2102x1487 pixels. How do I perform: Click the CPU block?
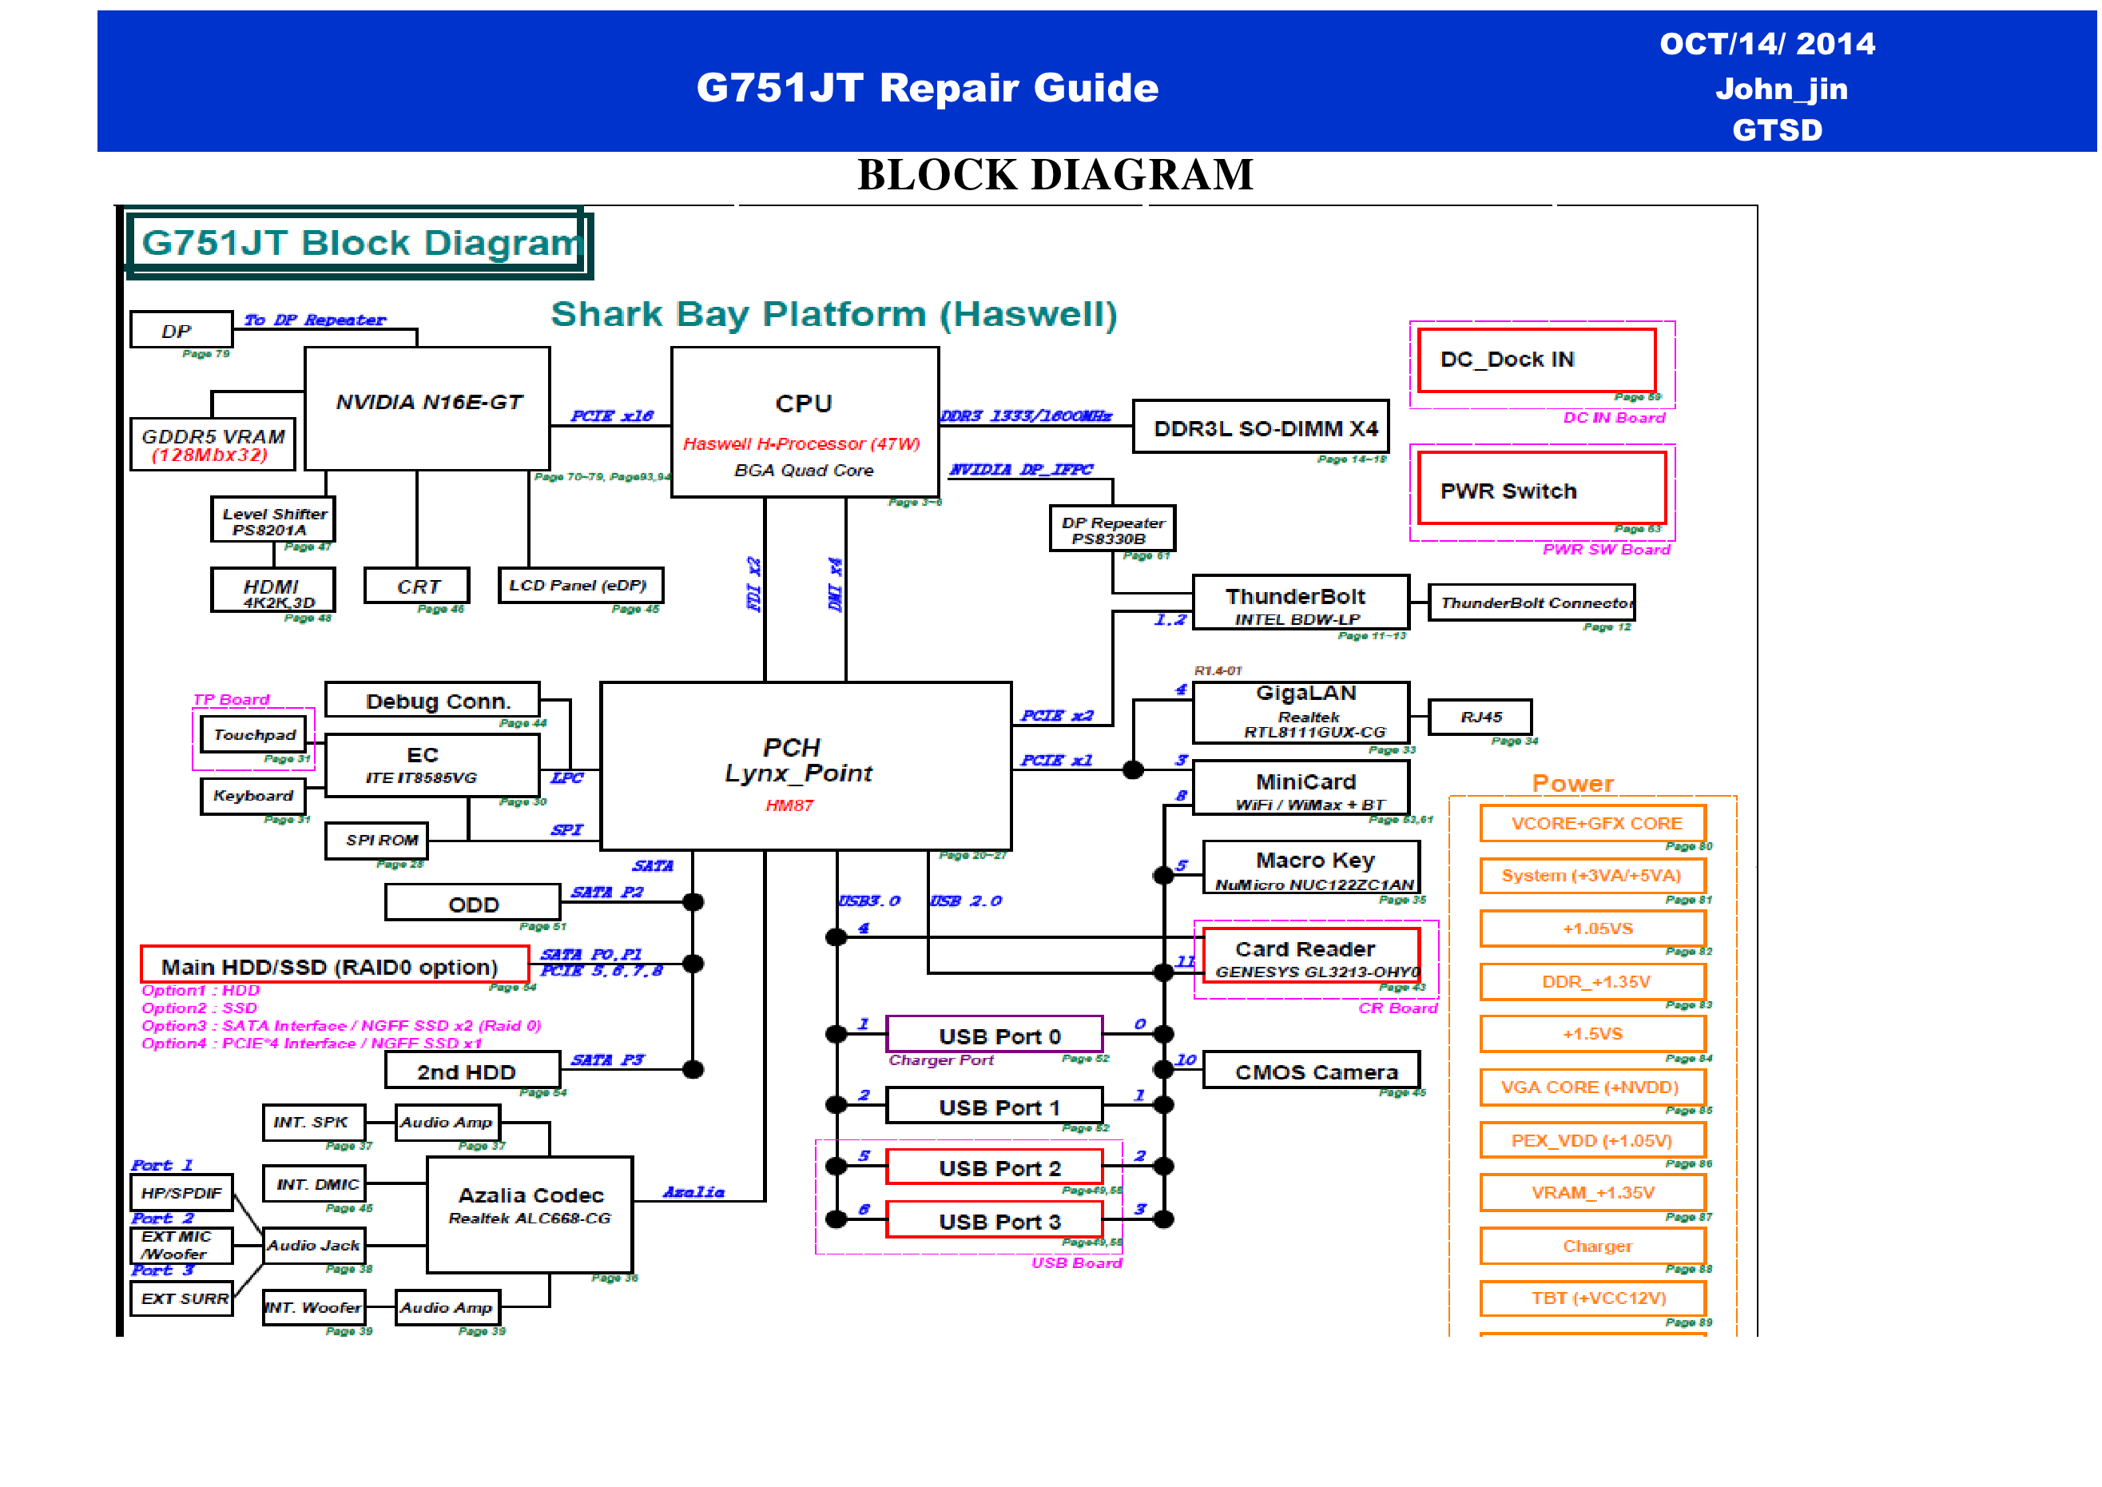[x=804, y=422]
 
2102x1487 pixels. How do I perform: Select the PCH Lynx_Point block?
[x=805, y=765]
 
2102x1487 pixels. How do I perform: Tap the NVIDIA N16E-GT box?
[x=427, y=408]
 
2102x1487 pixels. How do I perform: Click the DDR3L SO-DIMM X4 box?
[x=1260, y=427]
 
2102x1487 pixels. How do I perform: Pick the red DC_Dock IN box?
[x=1536, y=360]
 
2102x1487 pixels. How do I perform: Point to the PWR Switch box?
[x=1541, y=488]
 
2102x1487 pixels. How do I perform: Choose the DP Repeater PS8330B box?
[x=1111, y=528]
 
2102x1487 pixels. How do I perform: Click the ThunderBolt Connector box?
[x=1531, y=602]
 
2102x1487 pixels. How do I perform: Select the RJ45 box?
[x=1480, y=717]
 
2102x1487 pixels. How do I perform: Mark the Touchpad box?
[x=252, y=734]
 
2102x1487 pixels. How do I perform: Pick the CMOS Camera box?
[x=1311, y=1071]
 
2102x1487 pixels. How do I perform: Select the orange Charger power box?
[x=1592, y=1245]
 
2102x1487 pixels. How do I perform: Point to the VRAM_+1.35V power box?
[x=1592, y=1192]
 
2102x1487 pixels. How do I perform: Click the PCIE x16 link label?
[x=611, y=415]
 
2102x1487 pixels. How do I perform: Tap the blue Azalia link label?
[x=693, y=1191]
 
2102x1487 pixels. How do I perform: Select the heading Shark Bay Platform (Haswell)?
[x=833, y=314]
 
